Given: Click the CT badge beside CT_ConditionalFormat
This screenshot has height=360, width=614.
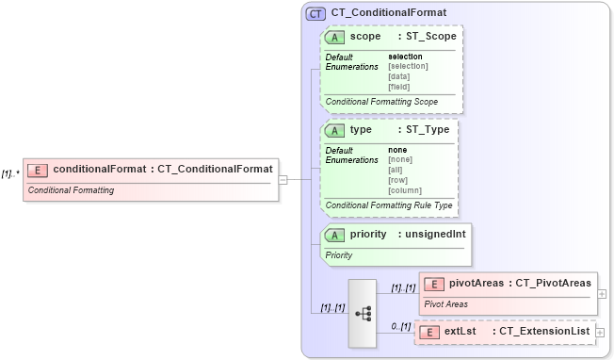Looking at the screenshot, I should (315, 14).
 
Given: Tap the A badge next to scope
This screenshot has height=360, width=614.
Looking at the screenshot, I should (334, 37).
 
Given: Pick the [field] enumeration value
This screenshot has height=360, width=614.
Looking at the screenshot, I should (399, 87).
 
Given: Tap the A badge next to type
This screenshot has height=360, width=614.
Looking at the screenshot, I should (334, 130).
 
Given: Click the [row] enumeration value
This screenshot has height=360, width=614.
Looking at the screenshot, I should (398, 180).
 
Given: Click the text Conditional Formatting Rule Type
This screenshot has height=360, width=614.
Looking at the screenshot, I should (389, 205).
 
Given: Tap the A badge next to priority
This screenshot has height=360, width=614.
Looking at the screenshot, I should (334, 235).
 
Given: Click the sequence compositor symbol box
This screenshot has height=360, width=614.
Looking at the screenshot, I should (362, 314).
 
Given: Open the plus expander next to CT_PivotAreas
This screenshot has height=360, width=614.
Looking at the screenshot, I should (602, 293).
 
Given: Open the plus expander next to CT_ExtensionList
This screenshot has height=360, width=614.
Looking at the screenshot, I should (600, 333).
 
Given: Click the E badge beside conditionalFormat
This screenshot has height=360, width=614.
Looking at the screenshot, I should (39, 170).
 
